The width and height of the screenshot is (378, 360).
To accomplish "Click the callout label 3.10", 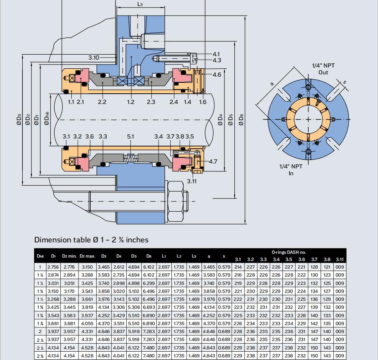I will click(94, 58).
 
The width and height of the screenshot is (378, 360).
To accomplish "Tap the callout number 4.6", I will click(216, 75).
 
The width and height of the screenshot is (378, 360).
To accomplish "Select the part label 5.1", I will click(130, 137).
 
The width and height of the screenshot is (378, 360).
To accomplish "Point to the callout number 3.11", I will click(192, 181).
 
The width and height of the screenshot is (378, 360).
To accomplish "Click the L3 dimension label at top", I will click(141, 4).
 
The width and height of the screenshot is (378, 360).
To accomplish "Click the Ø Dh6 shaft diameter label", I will click(46, 119).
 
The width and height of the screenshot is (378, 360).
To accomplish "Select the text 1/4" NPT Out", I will click(323, 69).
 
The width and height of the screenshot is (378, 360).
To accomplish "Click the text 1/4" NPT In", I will click(291, 170).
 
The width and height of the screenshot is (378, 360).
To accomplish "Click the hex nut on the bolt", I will click(176, 201).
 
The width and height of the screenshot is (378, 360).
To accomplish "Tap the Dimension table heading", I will click(91, 240).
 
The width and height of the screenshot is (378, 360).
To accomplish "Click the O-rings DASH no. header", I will click(289, 252).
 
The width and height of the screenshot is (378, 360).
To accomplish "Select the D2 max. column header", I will click(88, 256).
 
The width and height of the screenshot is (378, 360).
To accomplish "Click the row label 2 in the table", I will click(41, 331).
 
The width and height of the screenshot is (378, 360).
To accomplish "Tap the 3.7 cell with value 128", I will click(314, 267).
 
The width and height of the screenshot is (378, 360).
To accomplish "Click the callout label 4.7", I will click(213, 162).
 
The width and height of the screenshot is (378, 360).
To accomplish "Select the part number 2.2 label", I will click(102, 102).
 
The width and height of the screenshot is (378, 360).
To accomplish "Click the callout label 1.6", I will click(202, 102).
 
